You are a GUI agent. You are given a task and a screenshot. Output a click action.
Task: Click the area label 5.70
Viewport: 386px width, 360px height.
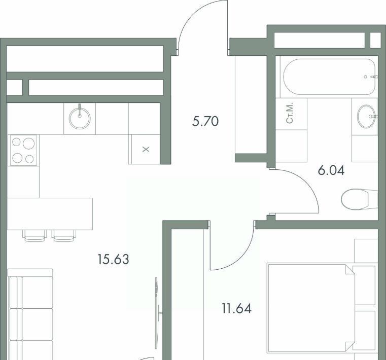click(205, 121)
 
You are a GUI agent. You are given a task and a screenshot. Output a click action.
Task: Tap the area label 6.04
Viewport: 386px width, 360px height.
click(331, 170)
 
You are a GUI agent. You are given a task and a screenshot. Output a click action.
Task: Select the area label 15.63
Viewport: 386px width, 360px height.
click(113, 259)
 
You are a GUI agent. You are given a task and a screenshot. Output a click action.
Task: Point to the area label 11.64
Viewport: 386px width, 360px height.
click(237, 308)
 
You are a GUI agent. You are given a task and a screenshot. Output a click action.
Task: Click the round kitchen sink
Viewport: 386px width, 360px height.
click(80, 119)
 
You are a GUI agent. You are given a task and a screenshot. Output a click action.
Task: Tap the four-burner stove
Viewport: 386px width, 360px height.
click(23, 150)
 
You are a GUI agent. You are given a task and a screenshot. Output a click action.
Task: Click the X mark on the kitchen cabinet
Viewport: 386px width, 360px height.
click(146, 149)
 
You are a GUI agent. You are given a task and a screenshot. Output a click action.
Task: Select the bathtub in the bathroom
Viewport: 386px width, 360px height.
click(329, 77)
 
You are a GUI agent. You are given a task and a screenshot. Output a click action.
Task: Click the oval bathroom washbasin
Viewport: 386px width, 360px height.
click(367, 117)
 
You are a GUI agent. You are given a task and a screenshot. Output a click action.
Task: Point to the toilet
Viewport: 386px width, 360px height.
click(360, 199)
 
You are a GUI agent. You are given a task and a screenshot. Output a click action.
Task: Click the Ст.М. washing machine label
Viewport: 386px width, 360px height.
click(290, 113)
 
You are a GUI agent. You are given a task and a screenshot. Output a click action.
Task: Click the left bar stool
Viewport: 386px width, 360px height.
click(34, 236)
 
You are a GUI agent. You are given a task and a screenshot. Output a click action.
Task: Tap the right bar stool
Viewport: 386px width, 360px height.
click(64, 236)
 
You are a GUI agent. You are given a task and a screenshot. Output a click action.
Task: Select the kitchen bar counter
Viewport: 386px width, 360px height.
click(50, 214)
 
